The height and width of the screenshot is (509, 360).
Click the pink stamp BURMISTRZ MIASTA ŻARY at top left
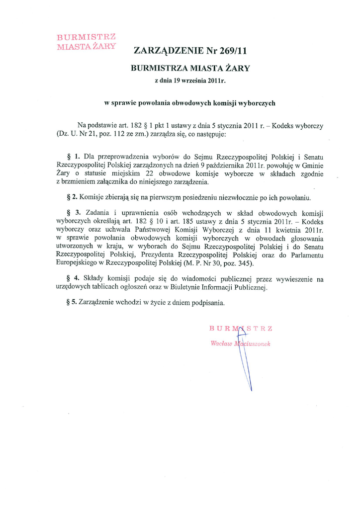(87, 42)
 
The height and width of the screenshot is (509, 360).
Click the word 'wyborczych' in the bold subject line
(258, 103)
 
